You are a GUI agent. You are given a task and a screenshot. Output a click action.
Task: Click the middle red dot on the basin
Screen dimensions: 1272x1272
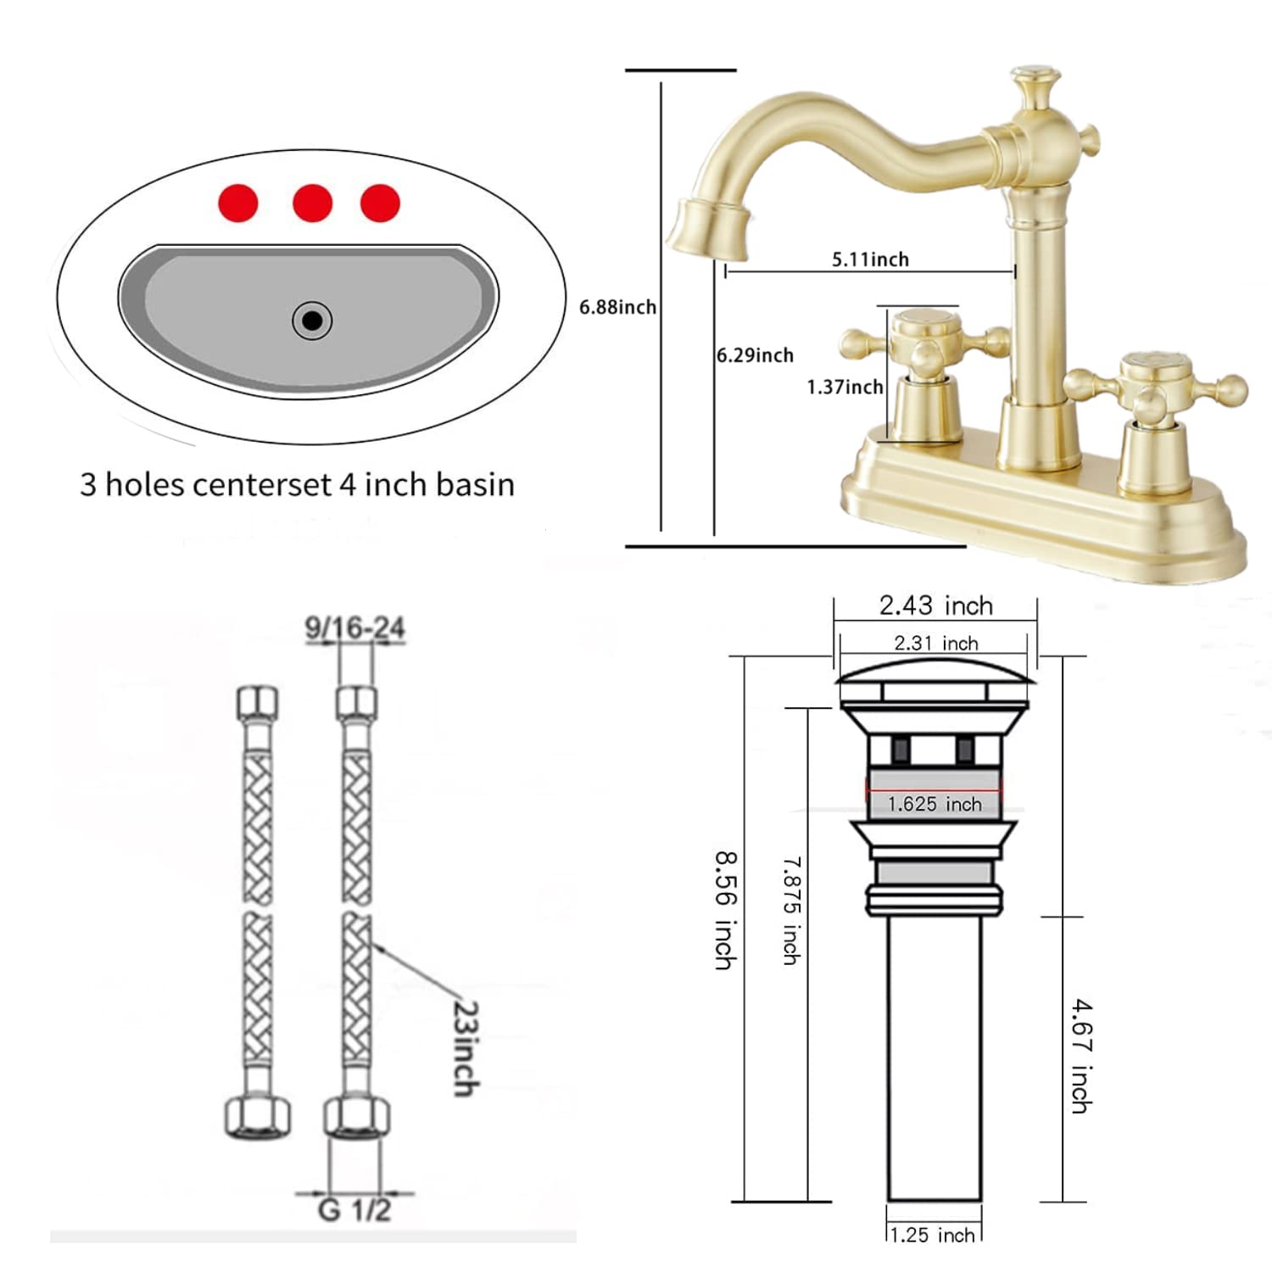[x=312, y=204]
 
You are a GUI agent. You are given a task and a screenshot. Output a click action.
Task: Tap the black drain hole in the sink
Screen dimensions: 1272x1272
[x=312, y=321]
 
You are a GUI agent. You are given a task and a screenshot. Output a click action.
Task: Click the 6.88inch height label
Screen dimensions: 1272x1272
[x=617, y=307]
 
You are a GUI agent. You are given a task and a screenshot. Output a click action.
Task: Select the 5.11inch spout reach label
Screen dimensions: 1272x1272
[x=870, y=259]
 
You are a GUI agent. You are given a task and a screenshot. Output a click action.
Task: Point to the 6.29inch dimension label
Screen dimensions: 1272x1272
[x=755, y=355]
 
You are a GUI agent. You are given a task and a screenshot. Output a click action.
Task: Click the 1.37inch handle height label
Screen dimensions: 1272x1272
[x=845, y=388]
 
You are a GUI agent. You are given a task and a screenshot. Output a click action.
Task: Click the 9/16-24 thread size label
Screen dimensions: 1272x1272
[x=354, y=628]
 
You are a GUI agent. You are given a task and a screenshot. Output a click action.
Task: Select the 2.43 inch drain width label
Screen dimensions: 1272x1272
[x=935, y=605]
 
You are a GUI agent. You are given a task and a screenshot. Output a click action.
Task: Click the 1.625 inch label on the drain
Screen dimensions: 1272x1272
[x=934, y=804]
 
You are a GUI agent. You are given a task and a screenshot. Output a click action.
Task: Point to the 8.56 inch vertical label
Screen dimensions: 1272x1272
[x=725, y=911]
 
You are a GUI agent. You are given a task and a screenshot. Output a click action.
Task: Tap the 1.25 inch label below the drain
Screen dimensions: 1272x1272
[x=934, y=1235]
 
